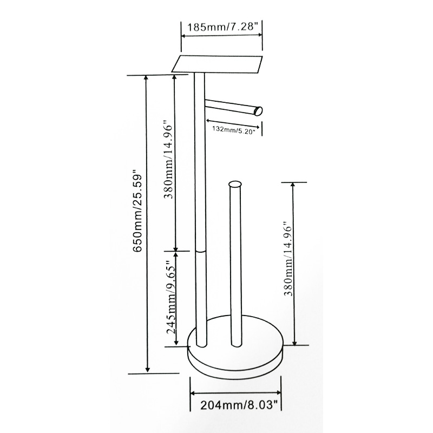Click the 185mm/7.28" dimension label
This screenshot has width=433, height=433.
tap(222, 28)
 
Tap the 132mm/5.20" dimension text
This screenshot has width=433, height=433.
tap(233, 129)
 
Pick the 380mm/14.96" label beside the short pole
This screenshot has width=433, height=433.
tap(288, 259)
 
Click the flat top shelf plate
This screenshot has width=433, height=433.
tap(217, 64)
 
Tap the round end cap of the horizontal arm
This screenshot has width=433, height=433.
tap(258, 111)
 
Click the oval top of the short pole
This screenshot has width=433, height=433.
tap(235, 184)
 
